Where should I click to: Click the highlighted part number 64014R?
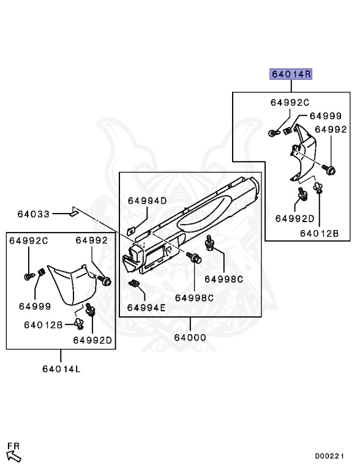[291, 73]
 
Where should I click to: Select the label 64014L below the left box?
[61, 368]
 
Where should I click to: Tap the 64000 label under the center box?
[190, 338]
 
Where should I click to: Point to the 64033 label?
[33, 214]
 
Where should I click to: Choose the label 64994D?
[147, 201]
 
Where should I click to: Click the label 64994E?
[146, 308]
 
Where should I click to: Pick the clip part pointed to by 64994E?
[135, 283]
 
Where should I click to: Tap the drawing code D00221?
[329, 456]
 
